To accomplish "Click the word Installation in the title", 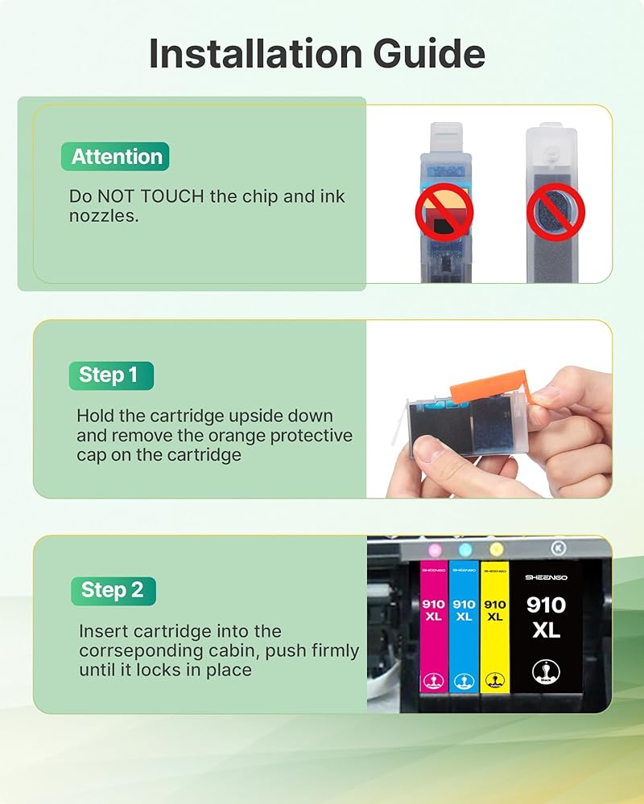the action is (255, 53).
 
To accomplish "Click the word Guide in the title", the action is (429, 53).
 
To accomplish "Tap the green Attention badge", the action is (115, 157).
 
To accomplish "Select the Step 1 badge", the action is (111, 375).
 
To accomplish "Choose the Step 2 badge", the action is (114, 591).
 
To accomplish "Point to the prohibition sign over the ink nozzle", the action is (556, 212).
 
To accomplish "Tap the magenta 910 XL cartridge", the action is (434, 626).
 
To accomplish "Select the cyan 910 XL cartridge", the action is (464, 626).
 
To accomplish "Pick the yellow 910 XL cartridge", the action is (494, 626).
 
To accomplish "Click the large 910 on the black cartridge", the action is (546, 605).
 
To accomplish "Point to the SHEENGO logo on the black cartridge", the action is (546, 577).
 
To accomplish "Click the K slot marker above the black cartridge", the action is (559, 548).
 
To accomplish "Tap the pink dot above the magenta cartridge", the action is (435, 550).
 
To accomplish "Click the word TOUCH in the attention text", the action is (172, 196).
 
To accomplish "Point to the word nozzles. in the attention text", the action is (104, 215).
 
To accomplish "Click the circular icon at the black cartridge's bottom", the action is (546, 671).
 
